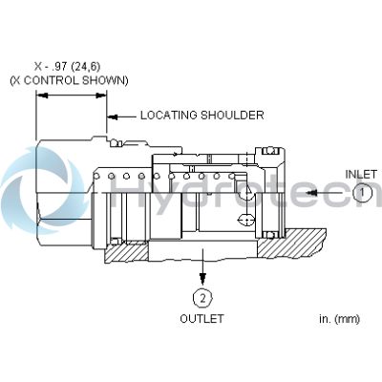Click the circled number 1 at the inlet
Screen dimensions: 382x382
pyautogui.click(x=361, y=192)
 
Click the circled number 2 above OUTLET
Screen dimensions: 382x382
pyautogui.click(x=202, y=295)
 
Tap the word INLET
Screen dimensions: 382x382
pyautogui.click(x=360, y=173)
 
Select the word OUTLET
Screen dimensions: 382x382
pyautogui.click(x=202, y=319)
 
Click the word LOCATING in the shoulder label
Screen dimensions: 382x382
pyautogui.click(x=169, y=116)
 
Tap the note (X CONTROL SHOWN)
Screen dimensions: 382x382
pyautogui.click(x=69, y=81)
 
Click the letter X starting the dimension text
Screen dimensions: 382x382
pyautogui.click(x=36, y=68)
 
